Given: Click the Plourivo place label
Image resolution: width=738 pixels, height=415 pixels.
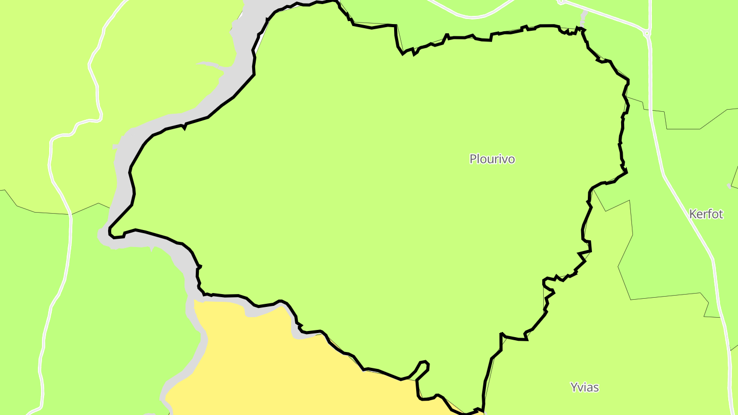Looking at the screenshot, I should (492, 159).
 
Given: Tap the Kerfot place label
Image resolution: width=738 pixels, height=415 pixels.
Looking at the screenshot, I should (706, 214).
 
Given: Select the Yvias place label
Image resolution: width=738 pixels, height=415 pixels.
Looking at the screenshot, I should (584, 387).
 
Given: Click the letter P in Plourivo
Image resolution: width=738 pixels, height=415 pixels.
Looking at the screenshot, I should (473, 159).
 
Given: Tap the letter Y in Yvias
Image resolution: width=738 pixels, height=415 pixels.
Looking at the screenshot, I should (574, 387).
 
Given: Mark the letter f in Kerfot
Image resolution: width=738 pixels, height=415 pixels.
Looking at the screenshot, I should (709, 214).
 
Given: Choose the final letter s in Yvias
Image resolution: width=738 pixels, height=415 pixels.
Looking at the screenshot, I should (596, 387).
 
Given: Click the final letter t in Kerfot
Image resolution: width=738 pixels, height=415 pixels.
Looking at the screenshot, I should (721, 214).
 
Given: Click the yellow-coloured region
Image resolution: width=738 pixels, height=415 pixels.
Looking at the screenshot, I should (266, 359).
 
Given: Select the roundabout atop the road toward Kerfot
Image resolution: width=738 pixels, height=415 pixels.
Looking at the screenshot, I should (647, 34).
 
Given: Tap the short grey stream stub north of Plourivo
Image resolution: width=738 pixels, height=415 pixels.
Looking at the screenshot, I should (584, 18).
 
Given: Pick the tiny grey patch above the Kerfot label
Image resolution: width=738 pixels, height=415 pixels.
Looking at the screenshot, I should (730, 185).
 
